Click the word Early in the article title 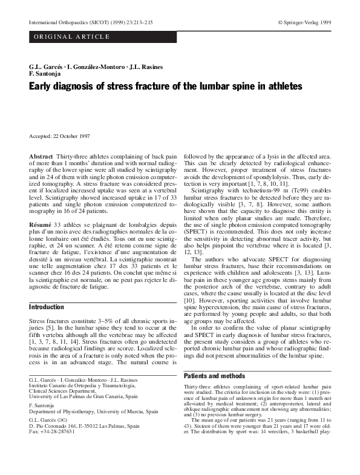pos(43,87)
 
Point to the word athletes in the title pos(283,87)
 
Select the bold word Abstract pos(41,157)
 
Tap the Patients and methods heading pos(214,375)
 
